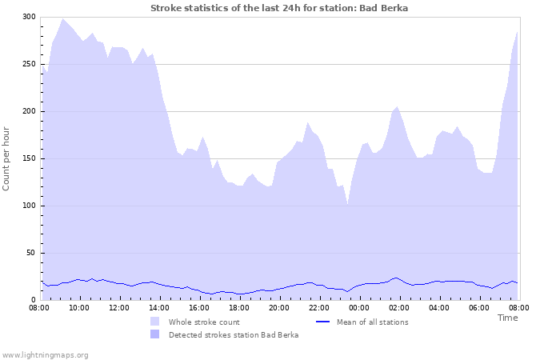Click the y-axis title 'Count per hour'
pos(7,158)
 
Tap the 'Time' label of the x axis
pos(507,318)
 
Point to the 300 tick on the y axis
pos(29,17)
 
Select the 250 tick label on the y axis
pos(29,64)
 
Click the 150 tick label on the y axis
pos(29,158)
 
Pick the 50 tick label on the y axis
pos(31,253)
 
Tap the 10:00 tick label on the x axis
pos(79,307)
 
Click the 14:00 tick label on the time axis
pos(159,307)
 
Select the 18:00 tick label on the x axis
pos(239,307)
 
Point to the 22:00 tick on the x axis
pos(319,307)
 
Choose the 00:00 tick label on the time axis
pos(359,307)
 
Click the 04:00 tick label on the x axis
pos(439,307)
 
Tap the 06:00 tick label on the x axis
pos(479,307)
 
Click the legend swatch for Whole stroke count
pos(154,322)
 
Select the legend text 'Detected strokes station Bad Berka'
pos(234,334)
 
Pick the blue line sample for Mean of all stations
pos(323,322)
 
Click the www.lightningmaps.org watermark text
pos(45,354)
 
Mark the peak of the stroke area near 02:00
pos(397,106)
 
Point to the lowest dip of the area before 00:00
pos(347,203)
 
